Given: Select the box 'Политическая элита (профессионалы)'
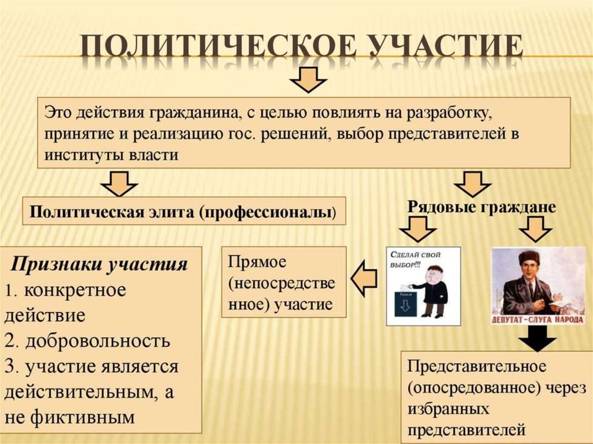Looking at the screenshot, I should point(184,211).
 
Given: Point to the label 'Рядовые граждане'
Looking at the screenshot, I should point(482,207).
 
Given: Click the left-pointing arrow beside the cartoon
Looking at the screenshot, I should point(365,277).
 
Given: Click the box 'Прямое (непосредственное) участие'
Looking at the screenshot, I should point(284,282).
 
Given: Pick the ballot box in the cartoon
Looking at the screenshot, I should point(405,303).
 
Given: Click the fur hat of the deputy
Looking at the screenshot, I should point(526,257).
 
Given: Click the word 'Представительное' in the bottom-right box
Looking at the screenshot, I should point(477,366).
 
